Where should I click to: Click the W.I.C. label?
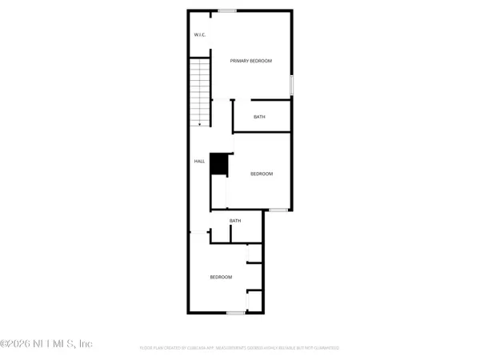coord(200,35)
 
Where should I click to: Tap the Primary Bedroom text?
coord(251,61)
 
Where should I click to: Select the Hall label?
coord(199,161)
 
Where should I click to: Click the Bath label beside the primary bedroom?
coord(259,117)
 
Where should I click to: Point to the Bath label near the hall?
coord(235,221)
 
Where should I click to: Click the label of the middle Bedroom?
coord(262,174)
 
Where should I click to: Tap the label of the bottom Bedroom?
coord(221,277)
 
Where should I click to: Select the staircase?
coord(199,91)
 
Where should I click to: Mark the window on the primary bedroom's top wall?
coord(226,10)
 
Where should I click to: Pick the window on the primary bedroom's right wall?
coord(292,83)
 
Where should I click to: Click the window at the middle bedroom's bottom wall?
coord(278,210)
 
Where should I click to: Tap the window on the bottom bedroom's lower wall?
coord(235,313)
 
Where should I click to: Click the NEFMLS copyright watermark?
coord(46,344)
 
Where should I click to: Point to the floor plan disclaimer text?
coord(239,348)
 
